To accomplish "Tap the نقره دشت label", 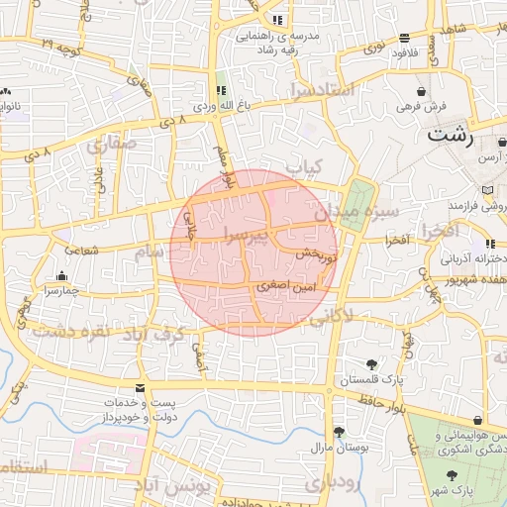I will (69, 330).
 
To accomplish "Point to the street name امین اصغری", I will (287, 285).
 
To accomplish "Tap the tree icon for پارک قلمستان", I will (371, 364).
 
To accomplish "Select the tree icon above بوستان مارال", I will (340, 431).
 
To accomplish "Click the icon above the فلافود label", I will (404, 40).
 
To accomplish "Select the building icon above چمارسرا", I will (62, 276).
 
